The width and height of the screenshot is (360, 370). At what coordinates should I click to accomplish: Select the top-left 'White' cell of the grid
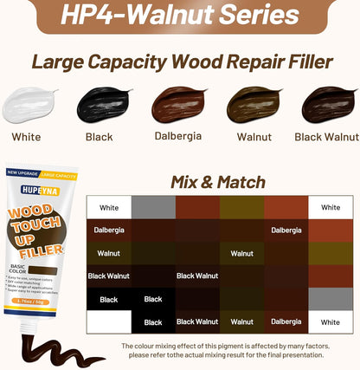click(109, 207)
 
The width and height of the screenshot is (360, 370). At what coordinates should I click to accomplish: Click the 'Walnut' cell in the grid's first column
click(109, 253)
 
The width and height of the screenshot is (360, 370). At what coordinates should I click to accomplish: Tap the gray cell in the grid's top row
click(153, 207)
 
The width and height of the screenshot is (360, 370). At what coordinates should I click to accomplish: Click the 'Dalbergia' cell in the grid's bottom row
click(286, 321)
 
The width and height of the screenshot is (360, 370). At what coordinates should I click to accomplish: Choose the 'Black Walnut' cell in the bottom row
click(197, 321)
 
